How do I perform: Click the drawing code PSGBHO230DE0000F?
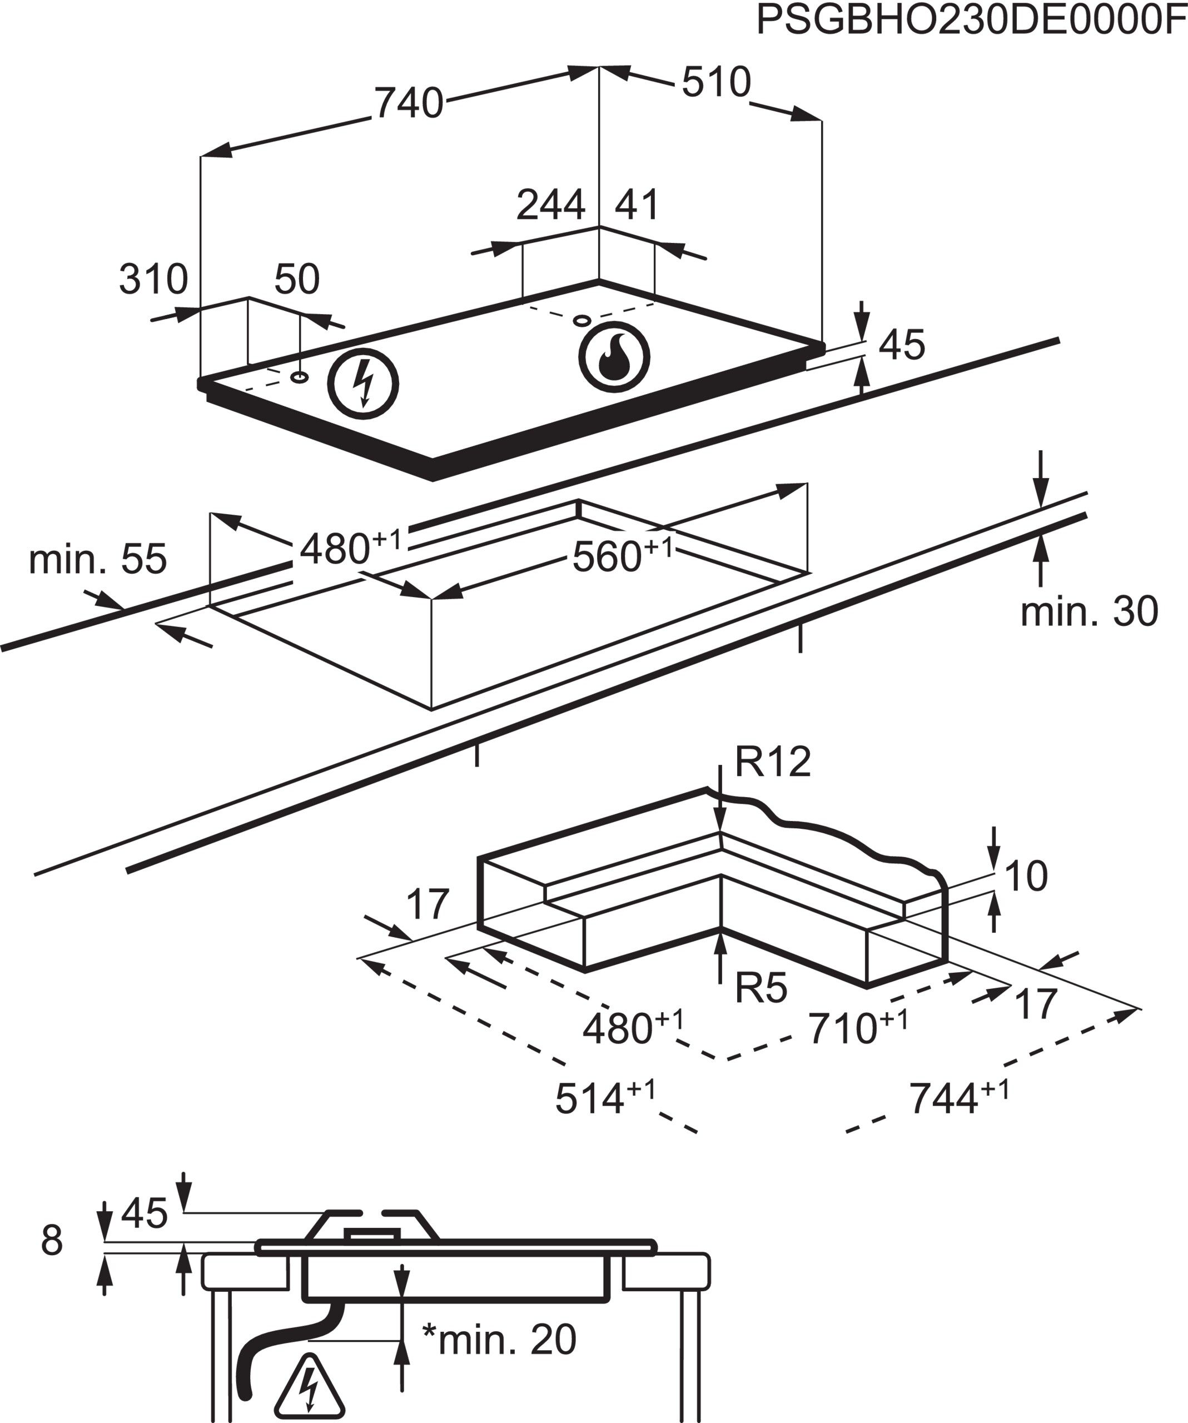click(971, 21)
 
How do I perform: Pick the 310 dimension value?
click(153, 278)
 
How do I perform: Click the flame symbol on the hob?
click(614, 356)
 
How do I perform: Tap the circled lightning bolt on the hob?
click(363, 384)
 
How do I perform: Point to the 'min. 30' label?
click(1089, 611)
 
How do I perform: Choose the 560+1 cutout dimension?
click(622, 556)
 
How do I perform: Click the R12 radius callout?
click(773, 762)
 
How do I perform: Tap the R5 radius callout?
click(761, 989)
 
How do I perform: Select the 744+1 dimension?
click(958, 1098)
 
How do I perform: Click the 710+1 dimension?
click(857, 1029)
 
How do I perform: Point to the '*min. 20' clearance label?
click(499, 1339)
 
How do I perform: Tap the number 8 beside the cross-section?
click(52, 1241)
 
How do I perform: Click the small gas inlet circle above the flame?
click(581, 320)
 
